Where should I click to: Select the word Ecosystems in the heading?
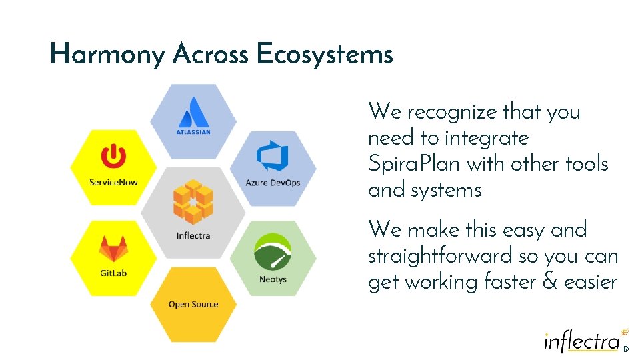pyautogui.click(x=324, y=54)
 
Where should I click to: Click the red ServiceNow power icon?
pyautogui.click(x=113, y=157)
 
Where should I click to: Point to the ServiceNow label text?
pyautogui.click(x=113, y=182)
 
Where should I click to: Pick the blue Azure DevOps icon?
pyautogui.click(x=273, y=157)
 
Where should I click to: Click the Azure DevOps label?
pyautogui.click(x=273, y=183)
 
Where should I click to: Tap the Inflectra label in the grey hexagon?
pyautogui.click(x=193, y=235)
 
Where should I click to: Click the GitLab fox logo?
pyautogui.click(x=113, y=249)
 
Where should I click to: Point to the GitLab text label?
pyautogui.click(x=113, y=273)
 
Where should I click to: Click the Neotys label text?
pyautogui.click(x=273, y=279)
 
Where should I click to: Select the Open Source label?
pyautogui.click(x=193, y=305)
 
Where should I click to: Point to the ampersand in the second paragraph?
pyautogui.click(x=549, y=282)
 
